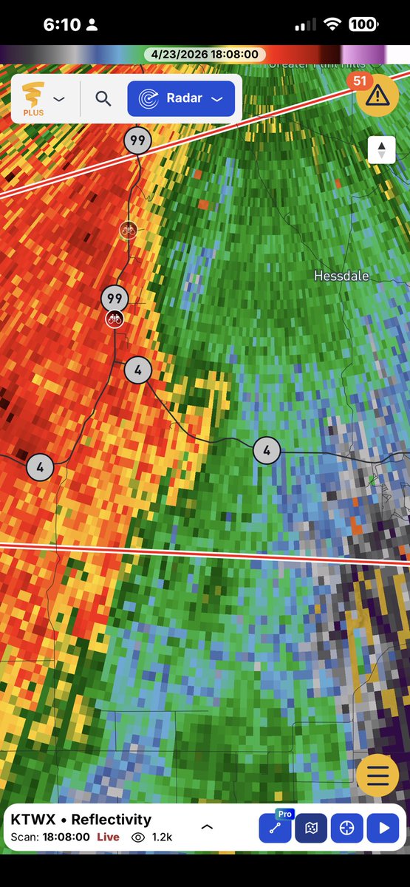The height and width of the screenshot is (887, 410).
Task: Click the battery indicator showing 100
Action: coord(362,24)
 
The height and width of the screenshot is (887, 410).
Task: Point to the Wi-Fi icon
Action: coord(332,24)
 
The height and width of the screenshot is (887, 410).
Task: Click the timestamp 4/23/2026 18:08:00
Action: coord(205,55)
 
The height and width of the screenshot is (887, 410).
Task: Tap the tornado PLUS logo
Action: coord(33,98)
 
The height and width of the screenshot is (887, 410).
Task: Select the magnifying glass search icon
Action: coord(103,98)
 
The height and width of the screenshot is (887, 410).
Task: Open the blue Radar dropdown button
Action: coord(181,98)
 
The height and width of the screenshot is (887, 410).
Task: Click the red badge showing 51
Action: coord(359,81)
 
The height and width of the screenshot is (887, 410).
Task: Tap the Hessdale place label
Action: coord(341,276)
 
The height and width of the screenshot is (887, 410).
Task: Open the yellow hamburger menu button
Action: coord(377,775)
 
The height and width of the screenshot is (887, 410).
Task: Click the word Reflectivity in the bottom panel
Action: coord(114,819)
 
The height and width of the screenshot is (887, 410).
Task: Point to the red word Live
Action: coord(108,837)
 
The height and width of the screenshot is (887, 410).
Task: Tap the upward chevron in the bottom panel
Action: coord(207,827)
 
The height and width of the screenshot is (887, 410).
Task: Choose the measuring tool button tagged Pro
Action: coord(275,828)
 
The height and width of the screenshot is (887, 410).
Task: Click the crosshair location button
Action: coord(346,828)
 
